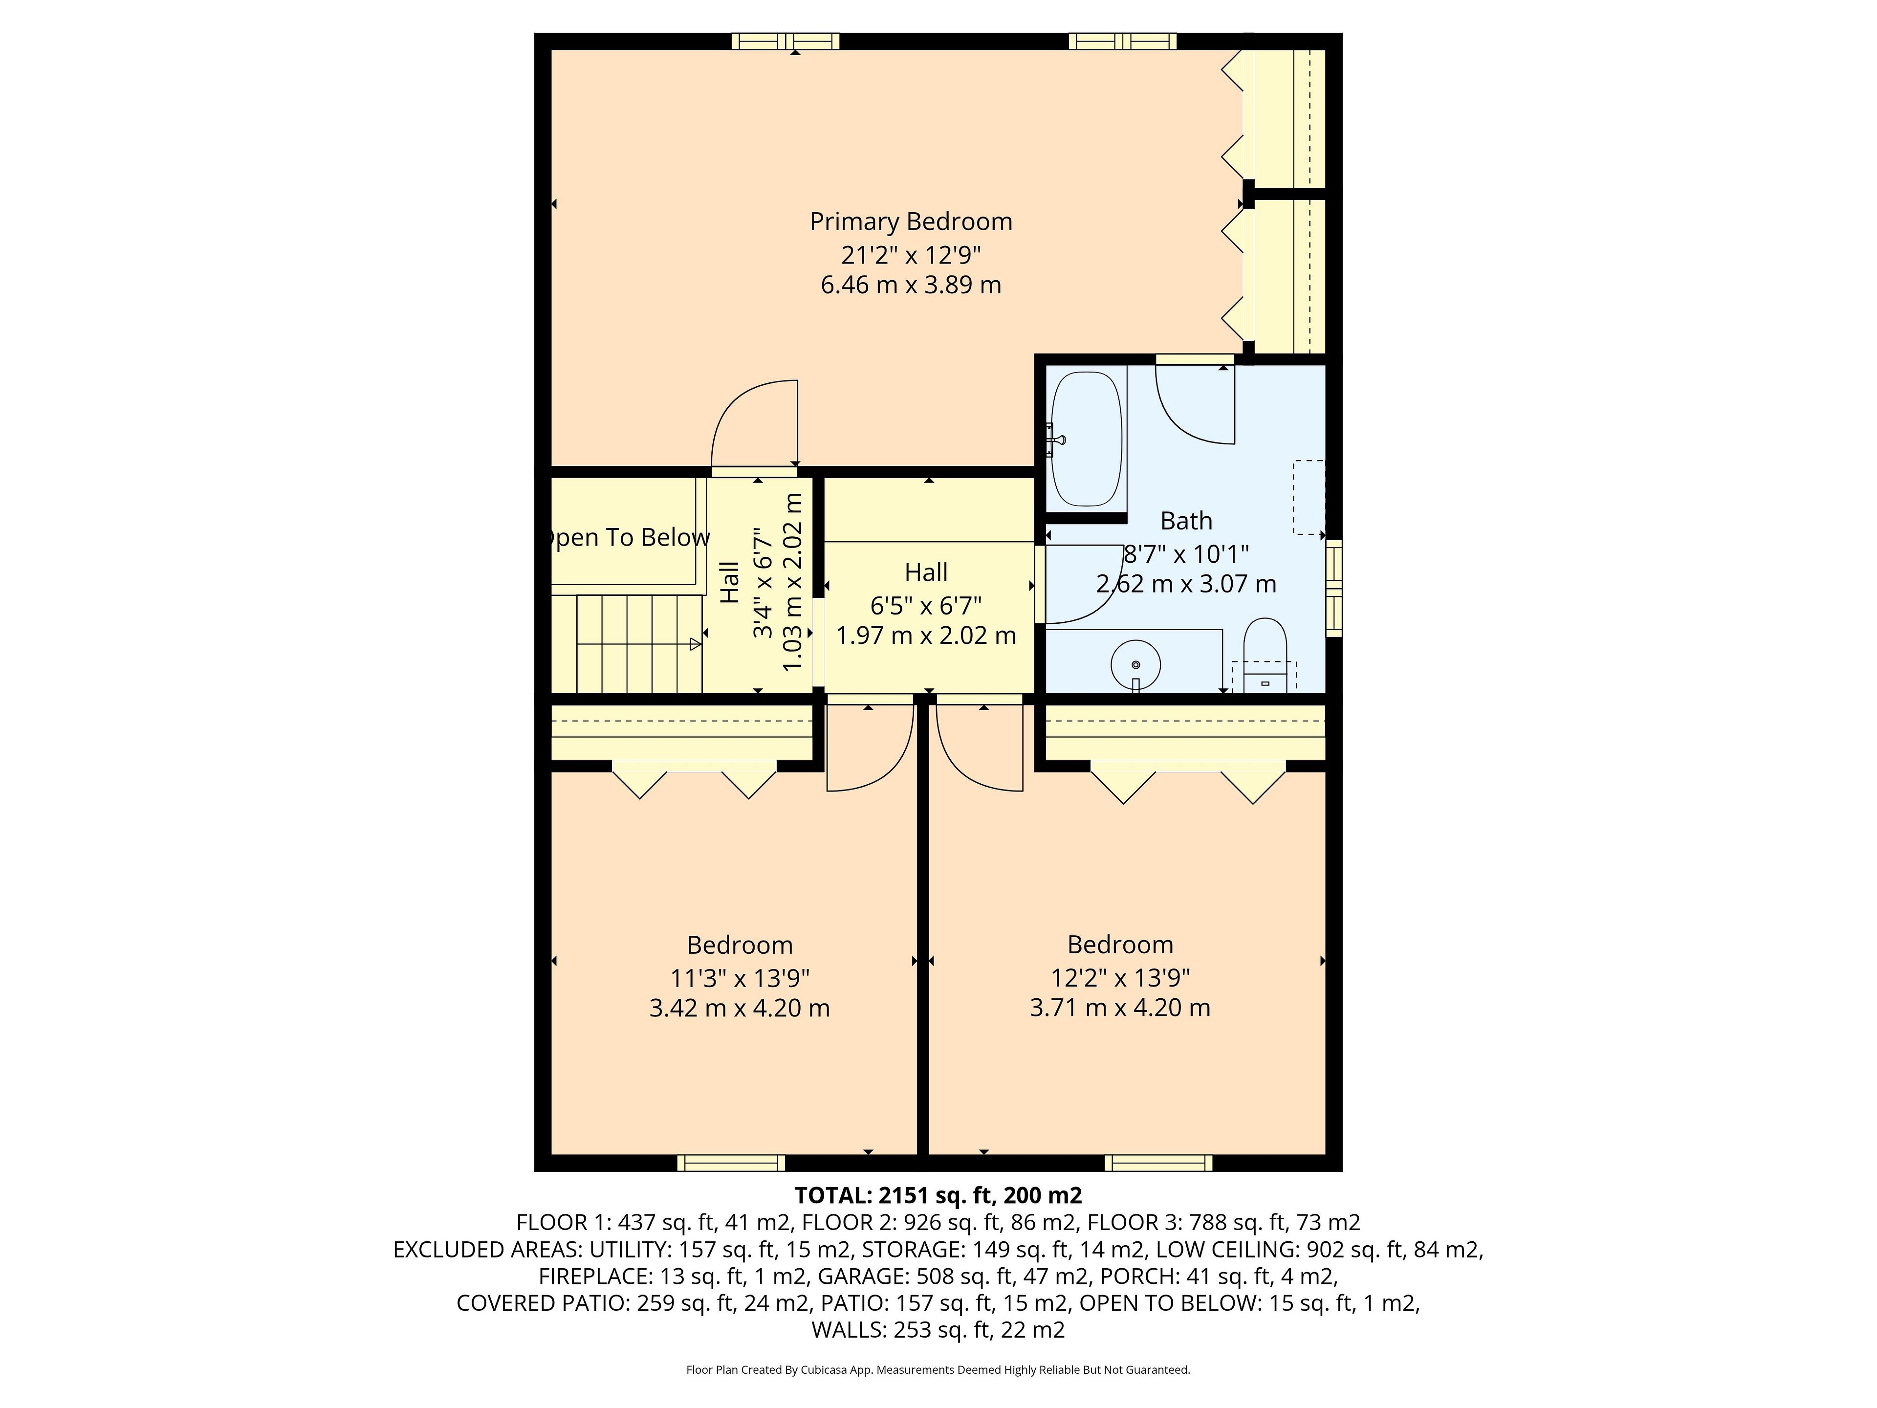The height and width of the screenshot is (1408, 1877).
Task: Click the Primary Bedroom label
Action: click(911, 221)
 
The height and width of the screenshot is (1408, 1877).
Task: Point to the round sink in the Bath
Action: click(1135, 664)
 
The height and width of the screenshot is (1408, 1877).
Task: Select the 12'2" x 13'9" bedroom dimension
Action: click(1120, 978)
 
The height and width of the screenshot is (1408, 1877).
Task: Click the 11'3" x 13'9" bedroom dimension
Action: click(740, 978)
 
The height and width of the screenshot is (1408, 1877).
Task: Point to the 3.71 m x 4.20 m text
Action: click(1120, 1008)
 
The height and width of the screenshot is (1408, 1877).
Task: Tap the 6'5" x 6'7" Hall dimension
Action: click(926, 605)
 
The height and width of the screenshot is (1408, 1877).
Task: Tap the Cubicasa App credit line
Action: click(938, 1369)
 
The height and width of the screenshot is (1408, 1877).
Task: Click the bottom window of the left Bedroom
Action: click(731, 1163)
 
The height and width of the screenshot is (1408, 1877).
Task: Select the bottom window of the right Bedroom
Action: click(1158, 1163)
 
